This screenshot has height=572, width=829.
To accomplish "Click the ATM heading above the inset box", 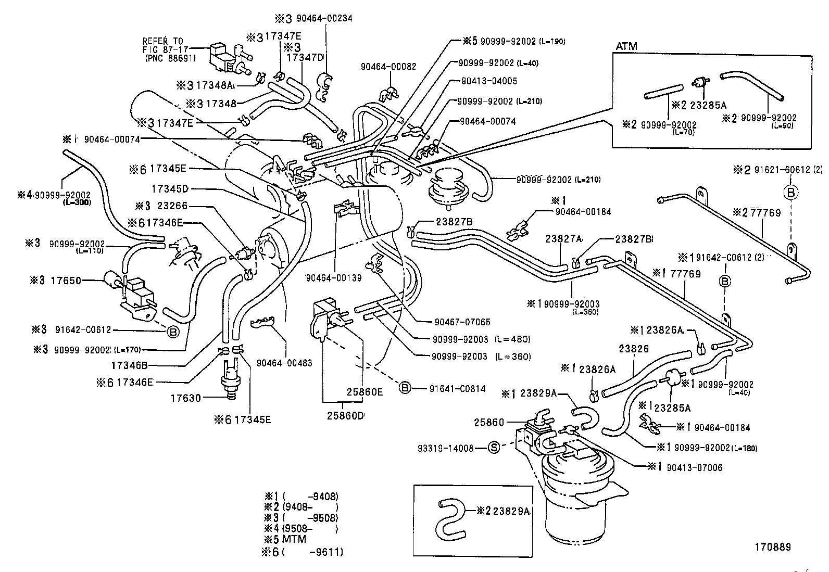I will [626, 46].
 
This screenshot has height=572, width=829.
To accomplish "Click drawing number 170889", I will [773, 546].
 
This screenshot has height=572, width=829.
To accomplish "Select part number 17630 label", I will [186, 398].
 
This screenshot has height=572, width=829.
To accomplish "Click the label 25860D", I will [345, 416].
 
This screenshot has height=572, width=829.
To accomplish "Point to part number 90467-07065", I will [461, 322].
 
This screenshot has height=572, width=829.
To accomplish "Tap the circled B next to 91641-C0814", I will [405, 388].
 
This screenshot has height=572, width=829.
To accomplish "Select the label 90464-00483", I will [284, 363].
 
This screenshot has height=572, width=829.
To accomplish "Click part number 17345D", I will [170, 188].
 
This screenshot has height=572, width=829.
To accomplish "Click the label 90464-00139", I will [334, 278].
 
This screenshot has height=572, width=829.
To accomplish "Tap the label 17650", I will [66, 281].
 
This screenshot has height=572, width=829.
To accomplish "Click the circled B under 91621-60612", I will [790, 192].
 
